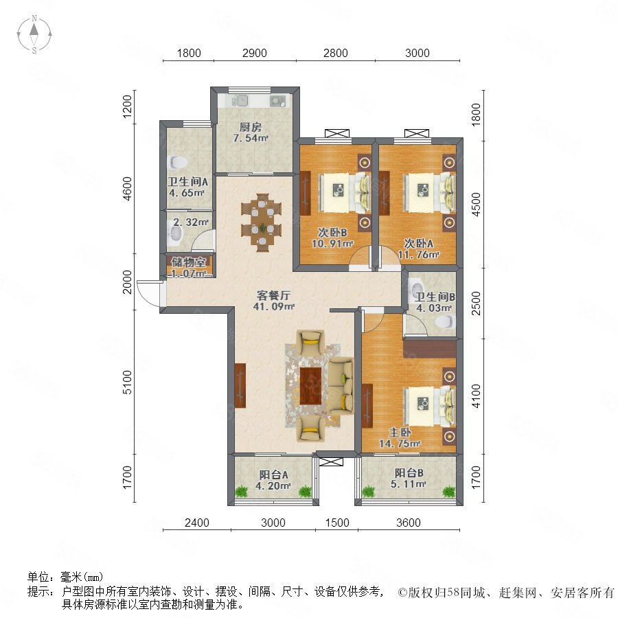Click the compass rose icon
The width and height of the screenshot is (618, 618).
pyautogui.click(x=34, y=34)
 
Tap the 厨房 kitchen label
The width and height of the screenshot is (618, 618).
pyautogui.click(x=250, y=127)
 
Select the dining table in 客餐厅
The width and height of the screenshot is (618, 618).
pyautogui.click(x=262, y=222)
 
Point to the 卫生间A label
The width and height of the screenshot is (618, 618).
pyautogui.click(x=187, y=182)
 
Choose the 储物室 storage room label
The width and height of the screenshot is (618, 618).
pyautogui.click(x=188, y=262)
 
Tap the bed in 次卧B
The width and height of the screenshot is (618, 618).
pyautogui.click(x=344, y=192)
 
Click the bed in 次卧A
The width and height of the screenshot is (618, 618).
pyautogui.click(x=428, y=193)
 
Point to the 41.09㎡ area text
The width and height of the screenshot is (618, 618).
pyautogui.click(x=273, y=306)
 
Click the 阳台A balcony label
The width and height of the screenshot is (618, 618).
pyautogui.click(x=273, y=474)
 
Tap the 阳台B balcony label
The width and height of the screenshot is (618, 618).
pyautogui.click(x=409, y=472)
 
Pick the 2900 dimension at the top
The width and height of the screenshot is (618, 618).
pyautogui.click(x=255, y=53)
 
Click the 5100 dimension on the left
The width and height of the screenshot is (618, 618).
pyautogui.click(x=127, y=382)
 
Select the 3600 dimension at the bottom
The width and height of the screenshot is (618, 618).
pyautogui.click(x=409, y=523)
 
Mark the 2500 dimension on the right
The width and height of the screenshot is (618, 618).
pyautogui.click(x=476, y=303)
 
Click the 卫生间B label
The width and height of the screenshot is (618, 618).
pyautogui.click(x=435, y=297)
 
